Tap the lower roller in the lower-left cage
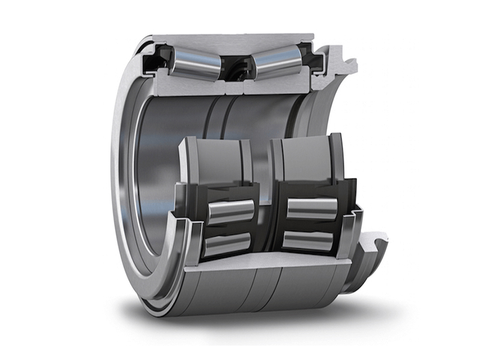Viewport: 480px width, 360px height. [x=227, y=243]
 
